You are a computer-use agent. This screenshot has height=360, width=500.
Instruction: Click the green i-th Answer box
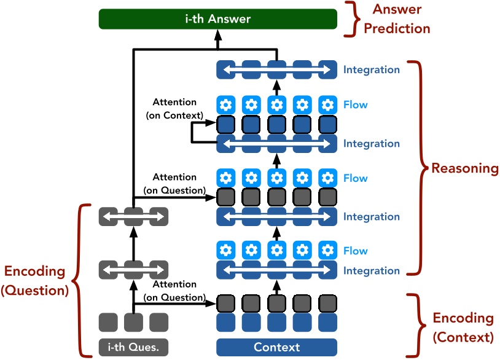(x=218, y=19)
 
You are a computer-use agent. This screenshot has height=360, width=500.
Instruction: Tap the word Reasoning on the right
(x=464, y=168)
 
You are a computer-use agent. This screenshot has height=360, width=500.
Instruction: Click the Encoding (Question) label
(x=34, y=281)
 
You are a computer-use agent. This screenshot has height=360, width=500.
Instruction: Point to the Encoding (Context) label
(x=463, y=327)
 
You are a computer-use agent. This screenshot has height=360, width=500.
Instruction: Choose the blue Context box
(x=276, y=347)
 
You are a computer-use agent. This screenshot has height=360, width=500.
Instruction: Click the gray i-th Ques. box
(x=133, y=347)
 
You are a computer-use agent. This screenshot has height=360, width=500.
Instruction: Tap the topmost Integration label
(x=372, y=69)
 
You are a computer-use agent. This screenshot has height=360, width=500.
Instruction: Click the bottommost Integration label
(x=372, y=270)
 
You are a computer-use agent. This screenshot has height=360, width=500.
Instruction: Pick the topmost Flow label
(x=356, y=104)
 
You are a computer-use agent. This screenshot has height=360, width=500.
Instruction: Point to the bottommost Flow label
(x=356, y=251)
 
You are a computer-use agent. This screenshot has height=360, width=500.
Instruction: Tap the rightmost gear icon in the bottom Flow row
(x=328, y=251)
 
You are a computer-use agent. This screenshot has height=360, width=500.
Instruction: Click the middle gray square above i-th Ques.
(x=133, y=322)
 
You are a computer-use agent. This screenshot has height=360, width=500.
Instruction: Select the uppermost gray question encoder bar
(x=133, y=216)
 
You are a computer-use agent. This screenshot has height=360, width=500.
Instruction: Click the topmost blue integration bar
(x=276, y=69)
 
